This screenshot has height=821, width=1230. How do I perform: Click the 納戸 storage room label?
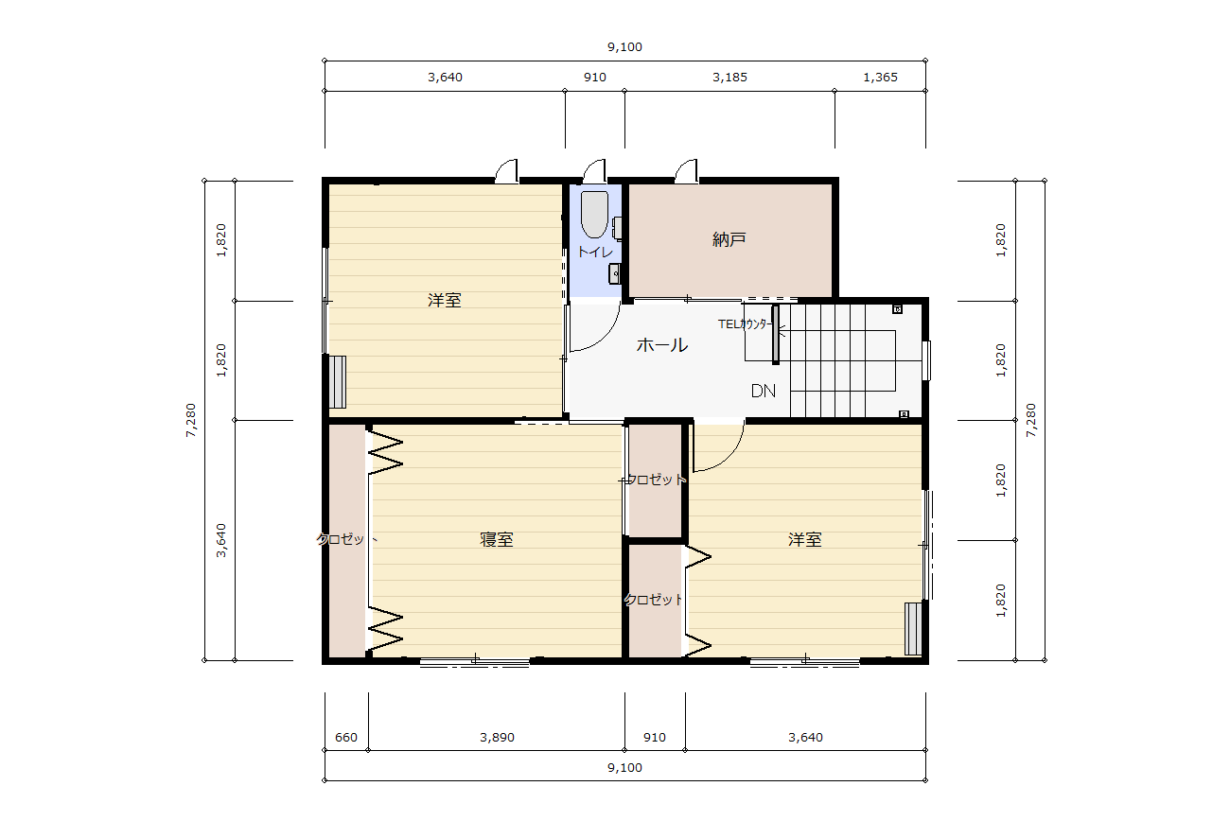coord(729,239)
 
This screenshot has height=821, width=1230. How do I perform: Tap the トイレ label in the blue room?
coord(595,252)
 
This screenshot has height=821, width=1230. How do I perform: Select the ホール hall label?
coord(662,344)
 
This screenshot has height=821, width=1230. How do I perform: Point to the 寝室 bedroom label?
coord(497,539)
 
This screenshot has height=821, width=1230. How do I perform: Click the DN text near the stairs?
coord(764,391)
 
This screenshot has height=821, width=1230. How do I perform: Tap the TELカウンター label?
coord(746,324)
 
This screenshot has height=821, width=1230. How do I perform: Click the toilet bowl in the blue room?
coord(595,214)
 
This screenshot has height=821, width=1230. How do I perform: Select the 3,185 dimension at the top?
coord(729,78)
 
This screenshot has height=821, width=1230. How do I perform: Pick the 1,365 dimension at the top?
coord(880,78)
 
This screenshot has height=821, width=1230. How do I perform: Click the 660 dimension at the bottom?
coord(346,737)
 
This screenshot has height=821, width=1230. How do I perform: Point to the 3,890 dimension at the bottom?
coord(497,737)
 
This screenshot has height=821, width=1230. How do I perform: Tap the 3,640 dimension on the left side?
coord(220,541)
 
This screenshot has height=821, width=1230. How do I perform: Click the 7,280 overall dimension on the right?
coord(1031,420)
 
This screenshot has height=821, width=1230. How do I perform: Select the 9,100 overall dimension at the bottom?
coord(624,767)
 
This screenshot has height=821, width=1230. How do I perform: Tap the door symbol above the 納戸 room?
coord(686,171)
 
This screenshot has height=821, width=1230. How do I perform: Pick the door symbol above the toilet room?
coord(595,171)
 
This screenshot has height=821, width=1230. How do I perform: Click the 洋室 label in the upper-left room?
coord(445,300)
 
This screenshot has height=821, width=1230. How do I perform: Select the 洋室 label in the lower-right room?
coord(805,539)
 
